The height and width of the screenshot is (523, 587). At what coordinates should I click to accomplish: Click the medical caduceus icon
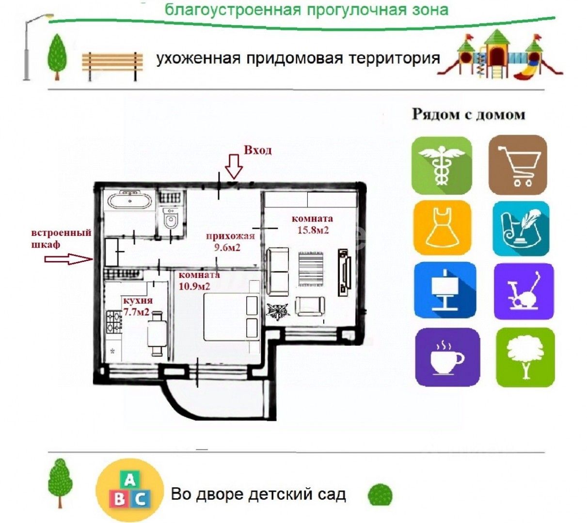coord(441,166)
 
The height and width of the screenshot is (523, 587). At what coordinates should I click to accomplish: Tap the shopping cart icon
coord(518,165)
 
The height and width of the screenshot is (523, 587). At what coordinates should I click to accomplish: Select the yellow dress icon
coord(442,227)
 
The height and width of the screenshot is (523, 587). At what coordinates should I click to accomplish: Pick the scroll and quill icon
coord(521,228)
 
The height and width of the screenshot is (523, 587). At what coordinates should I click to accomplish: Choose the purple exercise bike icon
coord(524,291)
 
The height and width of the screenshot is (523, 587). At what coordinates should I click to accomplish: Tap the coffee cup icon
coord(447,357)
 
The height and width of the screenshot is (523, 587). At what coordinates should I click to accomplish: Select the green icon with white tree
coord(525,357)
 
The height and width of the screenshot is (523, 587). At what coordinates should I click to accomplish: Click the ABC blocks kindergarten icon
coord(129,491)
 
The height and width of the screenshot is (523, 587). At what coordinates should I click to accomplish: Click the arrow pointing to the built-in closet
coord(68,260)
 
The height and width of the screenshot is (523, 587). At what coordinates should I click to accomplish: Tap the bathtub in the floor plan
coord(129,200)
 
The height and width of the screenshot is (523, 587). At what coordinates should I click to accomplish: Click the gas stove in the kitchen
coord(114,322)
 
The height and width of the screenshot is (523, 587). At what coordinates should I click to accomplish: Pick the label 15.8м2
coord(313,230)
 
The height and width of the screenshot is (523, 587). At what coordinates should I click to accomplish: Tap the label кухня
coord(134,300)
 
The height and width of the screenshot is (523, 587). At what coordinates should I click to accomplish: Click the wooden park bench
coord(112,65)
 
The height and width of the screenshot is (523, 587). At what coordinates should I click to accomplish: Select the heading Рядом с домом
coord(468,115)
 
